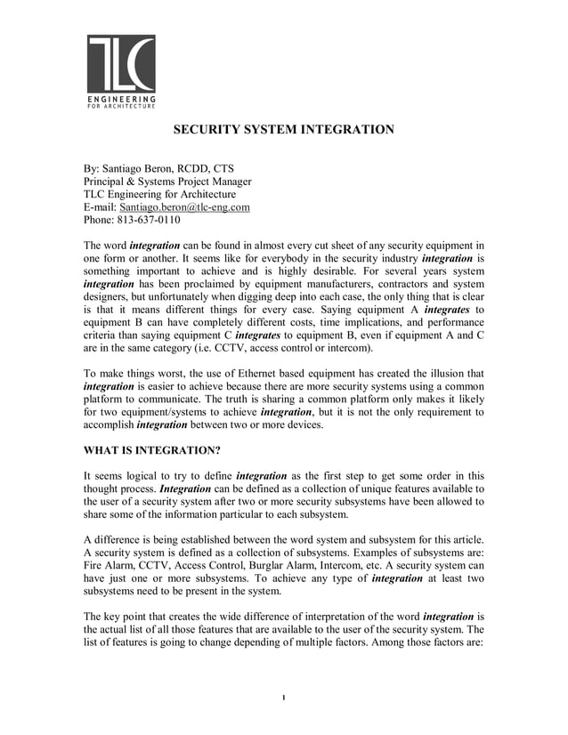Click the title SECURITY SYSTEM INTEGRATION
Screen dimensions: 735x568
point(283,130)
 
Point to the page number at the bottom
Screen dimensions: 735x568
point(283,696)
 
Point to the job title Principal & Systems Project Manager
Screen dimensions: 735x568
point(167,182)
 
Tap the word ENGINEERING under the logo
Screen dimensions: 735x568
point(121,98)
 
